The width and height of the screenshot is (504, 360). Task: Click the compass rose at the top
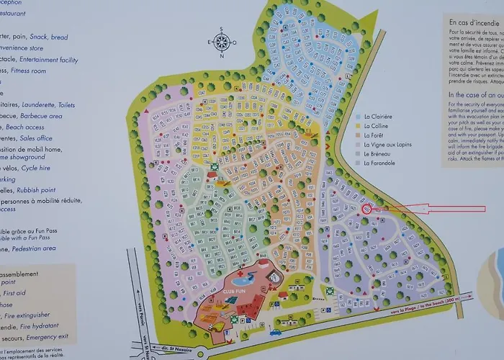click(222, 43)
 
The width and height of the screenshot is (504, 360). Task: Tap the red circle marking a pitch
click(366, 210)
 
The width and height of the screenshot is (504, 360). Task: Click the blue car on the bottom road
click(276, 332)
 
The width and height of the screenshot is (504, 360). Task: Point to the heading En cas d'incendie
click(474, 22)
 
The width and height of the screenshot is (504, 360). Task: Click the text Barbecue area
click(37, 115)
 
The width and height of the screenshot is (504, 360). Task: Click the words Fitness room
click(25, 71)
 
